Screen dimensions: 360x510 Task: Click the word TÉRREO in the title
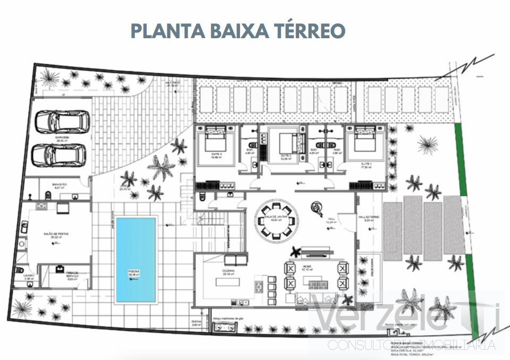(309, 30)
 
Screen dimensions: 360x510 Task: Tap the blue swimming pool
(136, 259)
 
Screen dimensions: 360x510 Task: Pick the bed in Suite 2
(286, 142)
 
